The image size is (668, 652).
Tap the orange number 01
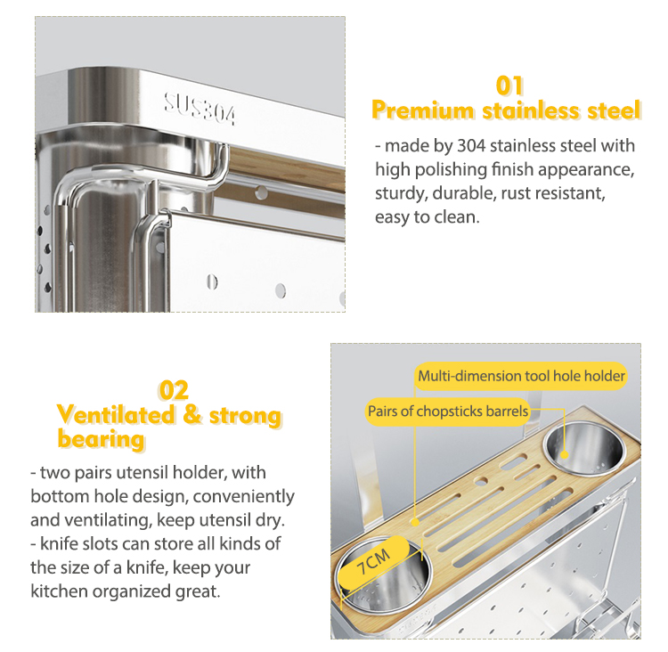tap(509, 86)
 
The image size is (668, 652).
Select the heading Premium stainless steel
tap(506, 111)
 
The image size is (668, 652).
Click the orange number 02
tap(174, 390)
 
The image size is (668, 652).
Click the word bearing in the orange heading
tap(101, 439)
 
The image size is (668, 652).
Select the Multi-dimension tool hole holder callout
tap(521, 376)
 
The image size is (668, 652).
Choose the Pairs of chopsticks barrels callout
tap(448, 411)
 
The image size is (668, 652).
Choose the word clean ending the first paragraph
tap(456, 216)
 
